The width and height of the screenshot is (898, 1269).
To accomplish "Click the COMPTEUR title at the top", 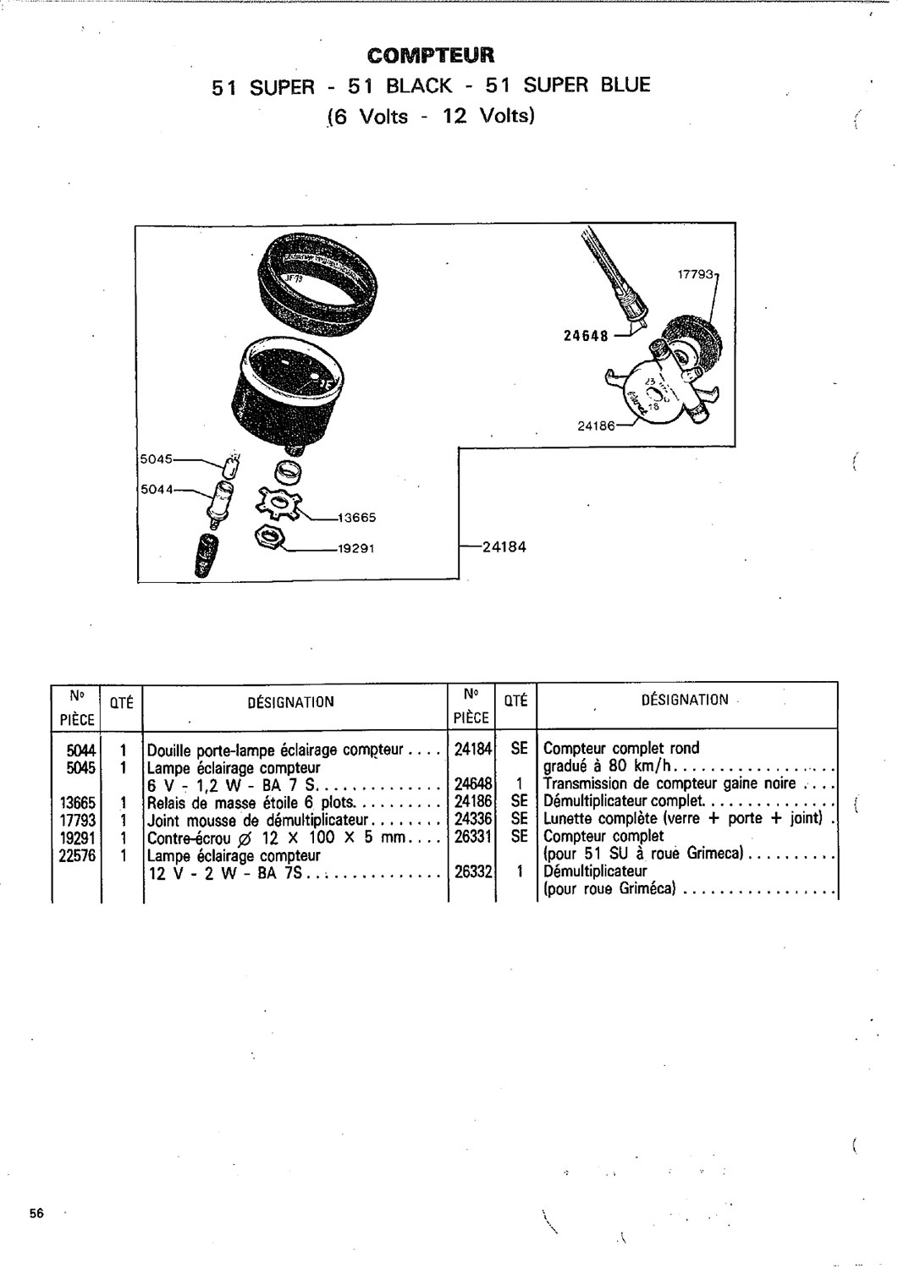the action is point(431,56).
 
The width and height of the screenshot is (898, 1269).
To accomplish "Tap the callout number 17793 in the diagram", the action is point(697,275).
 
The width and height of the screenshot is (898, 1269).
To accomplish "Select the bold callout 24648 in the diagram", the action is point(586,336).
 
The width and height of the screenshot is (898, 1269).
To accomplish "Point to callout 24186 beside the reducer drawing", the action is point(597,426).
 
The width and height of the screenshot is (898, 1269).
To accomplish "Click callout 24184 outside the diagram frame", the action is point(504,547).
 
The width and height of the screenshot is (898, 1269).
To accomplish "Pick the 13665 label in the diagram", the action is point(356,518).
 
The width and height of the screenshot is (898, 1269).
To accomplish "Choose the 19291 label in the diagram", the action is point(356,548).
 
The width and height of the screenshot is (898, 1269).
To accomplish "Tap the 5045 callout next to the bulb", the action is point(156,459).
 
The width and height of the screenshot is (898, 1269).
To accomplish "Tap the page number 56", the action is point(37,1213).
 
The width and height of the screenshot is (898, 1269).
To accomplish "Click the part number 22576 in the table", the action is point(77,854).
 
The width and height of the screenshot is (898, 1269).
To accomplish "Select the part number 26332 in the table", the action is point(473,871).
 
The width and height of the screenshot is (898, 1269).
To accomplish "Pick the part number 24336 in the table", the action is point(473,819).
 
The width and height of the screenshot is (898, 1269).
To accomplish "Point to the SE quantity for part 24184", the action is point(520,749).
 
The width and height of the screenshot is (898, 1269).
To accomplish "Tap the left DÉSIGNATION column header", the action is point(291,702).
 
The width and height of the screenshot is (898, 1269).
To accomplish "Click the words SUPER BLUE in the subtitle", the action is point(587,85).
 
